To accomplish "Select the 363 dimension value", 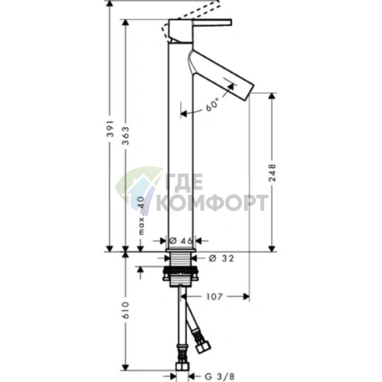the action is coord(126,136).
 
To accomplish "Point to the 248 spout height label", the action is coord(272,173).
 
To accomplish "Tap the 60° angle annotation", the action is coord(212,105).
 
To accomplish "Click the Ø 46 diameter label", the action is coord(181,241).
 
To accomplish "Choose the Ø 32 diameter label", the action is coord(221,258).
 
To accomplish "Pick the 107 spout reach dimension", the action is coord(214,297).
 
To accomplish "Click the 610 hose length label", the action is coord(126,310).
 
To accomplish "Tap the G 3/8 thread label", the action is coord(219,377).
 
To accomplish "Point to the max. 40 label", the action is coord(141,215).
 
